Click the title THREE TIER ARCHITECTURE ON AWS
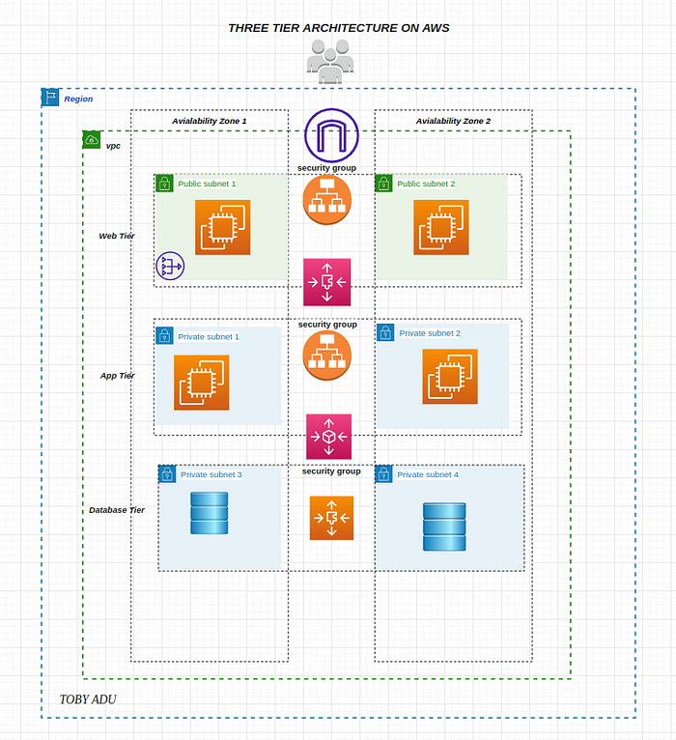[338, 28]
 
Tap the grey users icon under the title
[330, 62]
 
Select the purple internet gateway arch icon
[331, 135]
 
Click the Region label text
[78, 99]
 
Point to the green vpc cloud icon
[92, 140]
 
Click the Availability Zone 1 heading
[210, 121]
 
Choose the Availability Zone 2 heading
[453, 121]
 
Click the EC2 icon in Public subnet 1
[223, 227]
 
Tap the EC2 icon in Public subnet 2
[441, 227]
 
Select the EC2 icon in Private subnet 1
[202, 383]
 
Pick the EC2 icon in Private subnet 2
[450, 376]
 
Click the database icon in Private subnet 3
[210, 513]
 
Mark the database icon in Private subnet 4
[444, 527]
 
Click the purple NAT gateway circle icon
[170, 266]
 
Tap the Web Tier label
[117, 236]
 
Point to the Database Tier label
[117, 510]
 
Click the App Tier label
[118, 376]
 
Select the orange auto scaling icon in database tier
[331, 518]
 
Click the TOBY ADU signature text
[88, 699]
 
